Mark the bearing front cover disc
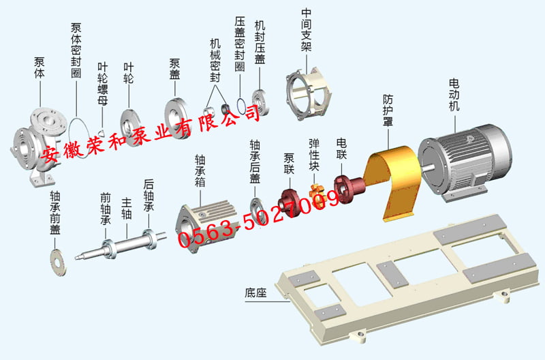(x=59, y=262)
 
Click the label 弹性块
(x=315, y=157)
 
